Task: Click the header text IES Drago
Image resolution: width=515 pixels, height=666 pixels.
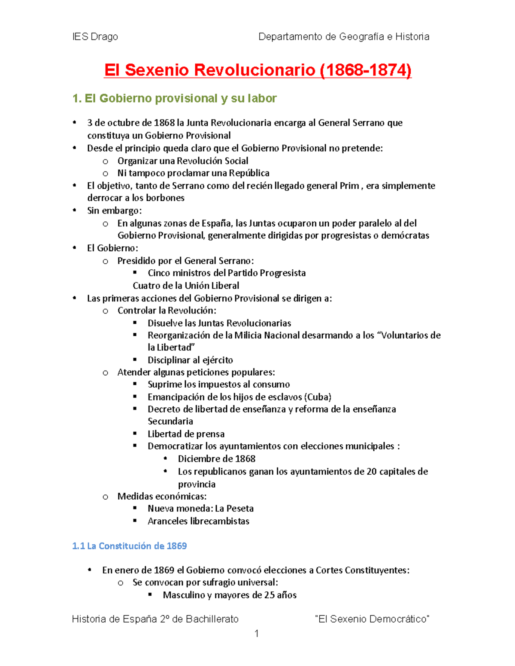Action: tap(95, 37)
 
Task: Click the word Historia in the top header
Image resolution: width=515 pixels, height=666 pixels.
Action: tap(412, 37)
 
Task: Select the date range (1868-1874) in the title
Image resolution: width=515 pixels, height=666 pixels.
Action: tap(366, 70)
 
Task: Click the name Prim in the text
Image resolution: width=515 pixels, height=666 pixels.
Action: tap(349, 186)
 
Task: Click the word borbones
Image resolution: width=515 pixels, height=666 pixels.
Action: tap(165, 198)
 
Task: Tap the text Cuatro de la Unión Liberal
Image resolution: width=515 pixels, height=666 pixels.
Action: tap(186, 286)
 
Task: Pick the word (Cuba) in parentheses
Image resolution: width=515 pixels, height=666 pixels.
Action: tap(318, 397)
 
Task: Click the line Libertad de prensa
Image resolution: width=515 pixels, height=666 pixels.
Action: tap(186, 434)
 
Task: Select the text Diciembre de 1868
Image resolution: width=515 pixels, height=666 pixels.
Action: tap(216, 459)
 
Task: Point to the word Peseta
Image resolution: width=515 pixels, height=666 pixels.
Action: tap(240, 509)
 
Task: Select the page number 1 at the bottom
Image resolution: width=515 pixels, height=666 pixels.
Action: tap(257, 634)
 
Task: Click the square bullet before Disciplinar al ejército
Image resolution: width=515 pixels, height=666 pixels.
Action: tap(135, 359)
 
